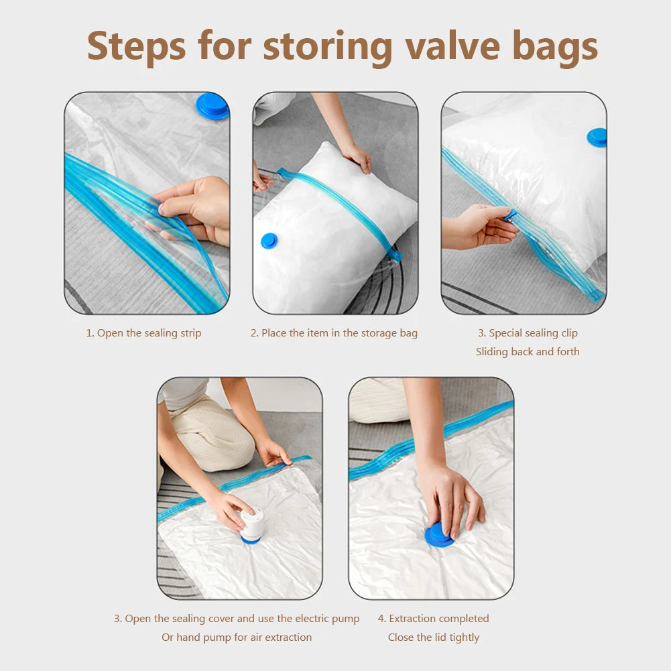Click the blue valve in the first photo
212,106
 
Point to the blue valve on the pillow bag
269,241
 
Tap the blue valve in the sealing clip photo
597,137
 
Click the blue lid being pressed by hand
438,535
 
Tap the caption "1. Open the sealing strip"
143,333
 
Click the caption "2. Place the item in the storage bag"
334,333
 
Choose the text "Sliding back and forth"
528,352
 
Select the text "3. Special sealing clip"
528,333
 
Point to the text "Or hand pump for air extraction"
237,637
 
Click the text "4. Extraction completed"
433,618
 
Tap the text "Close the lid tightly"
434,637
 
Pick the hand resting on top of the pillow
357,157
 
